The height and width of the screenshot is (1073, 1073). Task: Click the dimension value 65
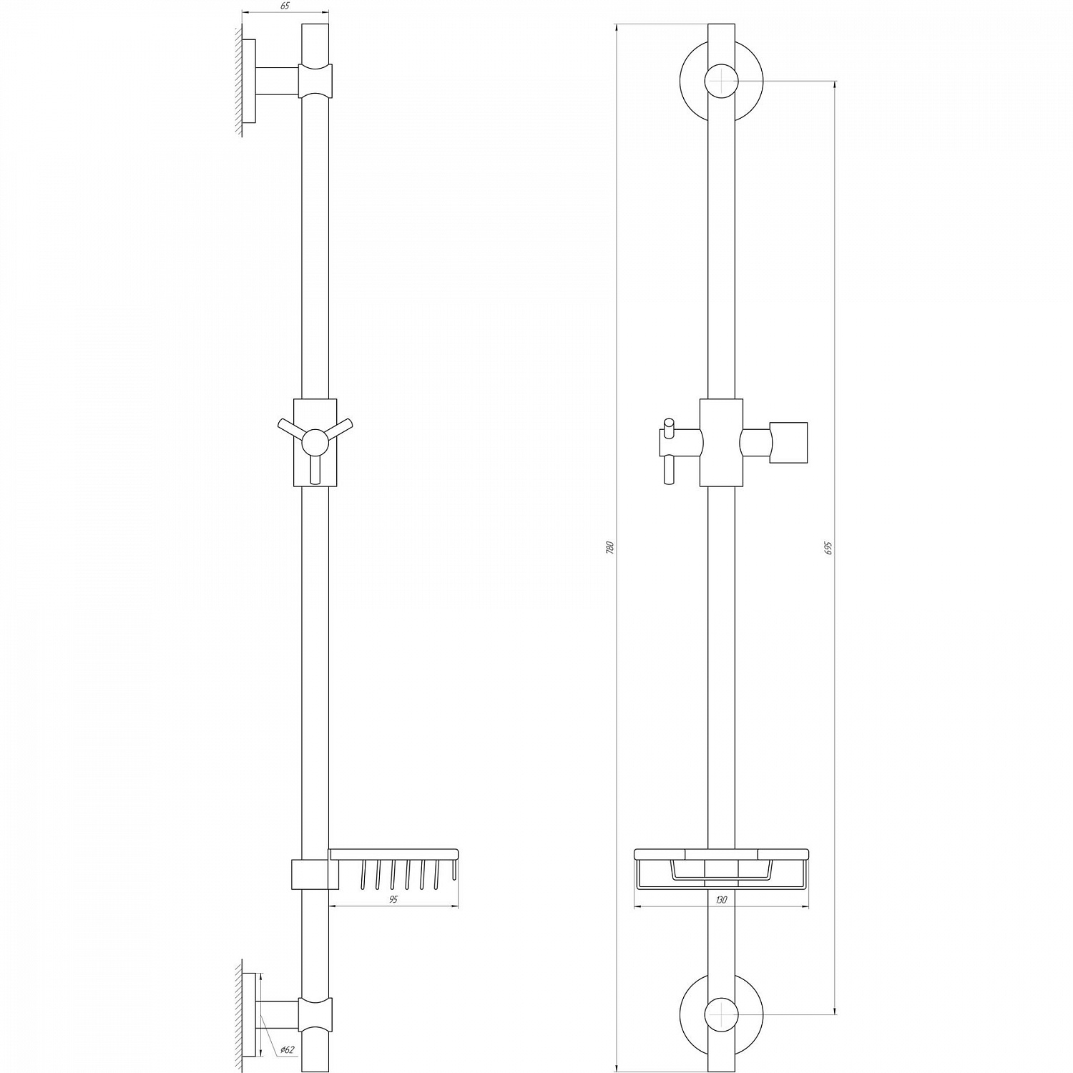[285, 6]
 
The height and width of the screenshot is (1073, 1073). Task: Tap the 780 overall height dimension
[610, 549]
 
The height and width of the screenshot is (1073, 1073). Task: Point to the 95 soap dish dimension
[393, 900]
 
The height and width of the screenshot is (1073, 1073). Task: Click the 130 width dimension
[721, 900]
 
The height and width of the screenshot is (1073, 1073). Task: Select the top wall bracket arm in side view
[277, 80]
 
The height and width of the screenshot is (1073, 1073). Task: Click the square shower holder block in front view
[788, 444]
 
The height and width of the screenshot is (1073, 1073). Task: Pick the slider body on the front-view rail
[721, 442]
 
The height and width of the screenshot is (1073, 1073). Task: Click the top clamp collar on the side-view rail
[315, 80]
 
